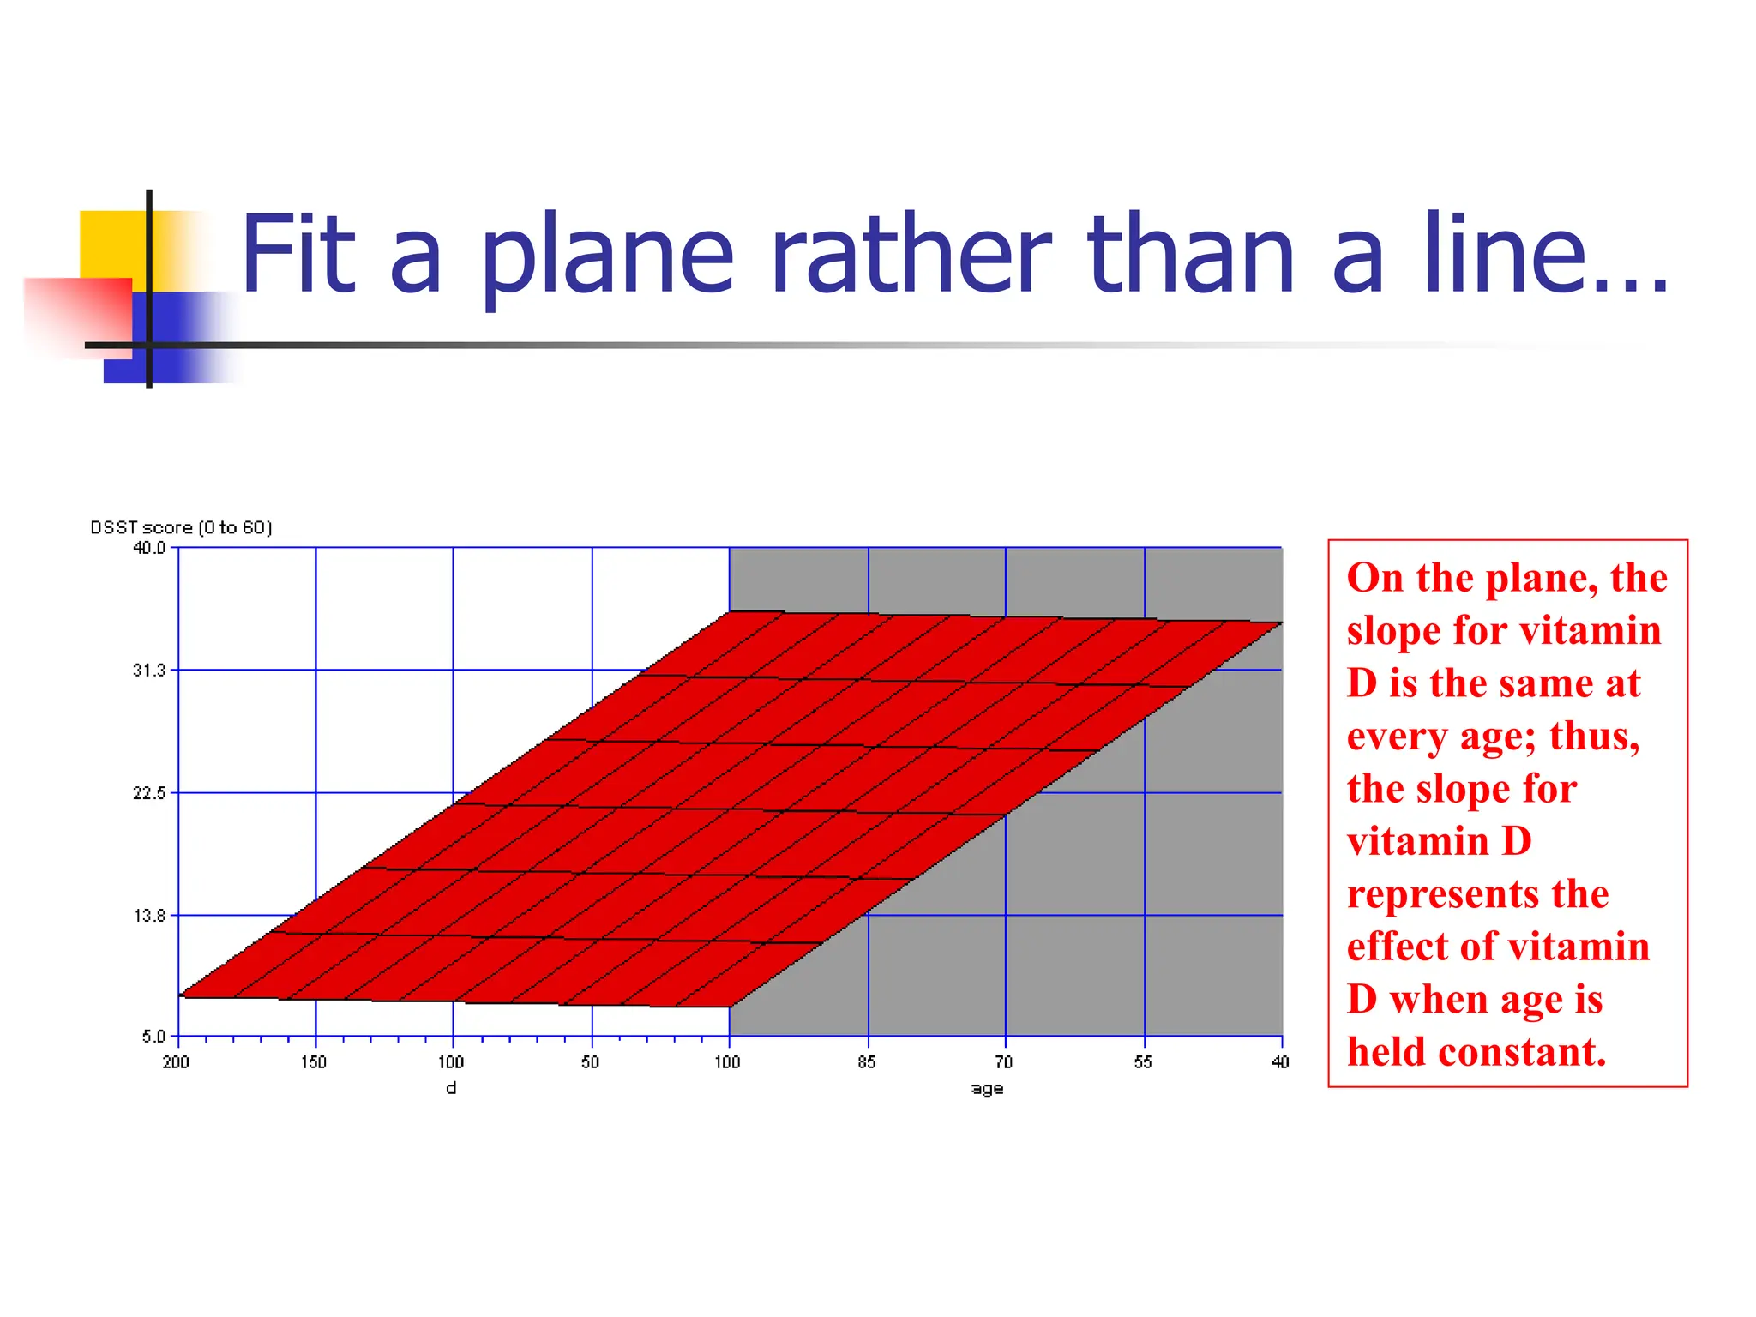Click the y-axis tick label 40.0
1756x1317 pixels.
[x=149, y=548]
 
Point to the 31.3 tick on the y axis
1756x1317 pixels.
[x=149, y=671]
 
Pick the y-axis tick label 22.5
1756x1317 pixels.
[x=149, y=793]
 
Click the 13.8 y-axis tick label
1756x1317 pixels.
[x=149, y=916]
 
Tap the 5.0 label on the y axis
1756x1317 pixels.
[x=153, y=1037]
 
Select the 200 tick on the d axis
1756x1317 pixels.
[x=176, y=1063]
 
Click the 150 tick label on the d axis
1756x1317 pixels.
[x=314, y=1063]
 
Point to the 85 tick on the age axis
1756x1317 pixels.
[x=867, y=1063]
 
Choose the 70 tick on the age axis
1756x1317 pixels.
[x=1004, y=1063]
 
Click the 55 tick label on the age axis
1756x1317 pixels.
[x=1143, y=1063]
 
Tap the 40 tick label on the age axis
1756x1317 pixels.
[x=1280, y=1063]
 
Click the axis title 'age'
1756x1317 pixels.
[x=987, y=1090]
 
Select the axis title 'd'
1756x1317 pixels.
[x=452, y=1089]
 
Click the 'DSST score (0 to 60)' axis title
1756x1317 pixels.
[x=181, y=528]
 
